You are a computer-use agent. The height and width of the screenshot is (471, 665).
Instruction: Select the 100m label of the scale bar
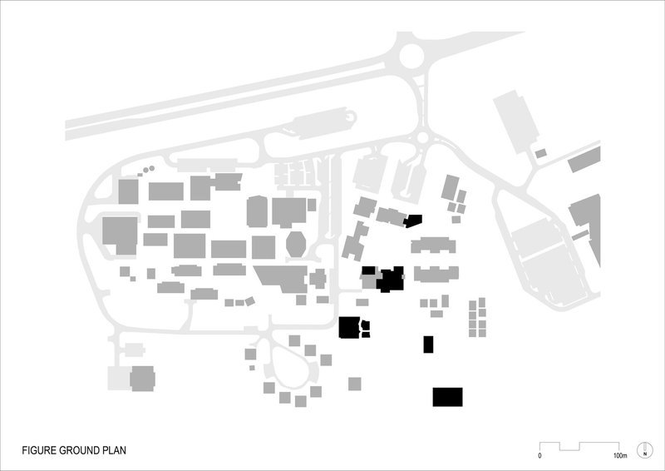[x=619, y=456]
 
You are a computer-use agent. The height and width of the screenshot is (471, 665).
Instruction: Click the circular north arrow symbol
[x=643, y=450]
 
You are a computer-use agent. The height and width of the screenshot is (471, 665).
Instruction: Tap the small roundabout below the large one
[x=423, y=137]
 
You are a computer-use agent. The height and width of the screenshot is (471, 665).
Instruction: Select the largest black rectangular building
[x=447, y=397]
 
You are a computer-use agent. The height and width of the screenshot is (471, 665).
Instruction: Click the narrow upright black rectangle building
[x=429, y=344]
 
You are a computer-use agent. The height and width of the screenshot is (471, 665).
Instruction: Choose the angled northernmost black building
[x=413, y=221]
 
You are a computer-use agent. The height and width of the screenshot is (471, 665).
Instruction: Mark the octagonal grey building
[x=294, y=245]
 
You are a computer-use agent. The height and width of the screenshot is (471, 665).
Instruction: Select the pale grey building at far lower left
[x=120, y=379]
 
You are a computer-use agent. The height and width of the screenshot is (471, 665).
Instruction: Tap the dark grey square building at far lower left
[x=143, y=379]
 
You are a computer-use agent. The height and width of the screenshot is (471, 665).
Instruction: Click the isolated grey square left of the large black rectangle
[x=355, y=384]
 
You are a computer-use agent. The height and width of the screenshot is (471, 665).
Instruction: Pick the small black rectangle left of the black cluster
[x=367, y=270]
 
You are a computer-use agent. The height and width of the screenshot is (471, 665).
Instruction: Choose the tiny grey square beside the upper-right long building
[x=540, y=153]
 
